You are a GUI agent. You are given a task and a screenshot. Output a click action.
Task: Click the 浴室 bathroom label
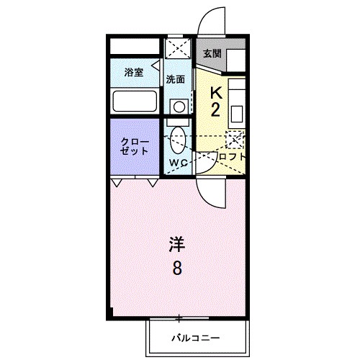click(133, 72)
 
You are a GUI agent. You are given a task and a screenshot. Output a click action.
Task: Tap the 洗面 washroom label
click(175, 79)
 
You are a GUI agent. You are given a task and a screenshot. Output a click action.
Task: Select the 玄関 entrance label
click(211, 53)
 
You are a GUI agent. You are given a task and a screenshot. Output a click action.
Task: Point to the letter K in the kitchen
click(215, 92)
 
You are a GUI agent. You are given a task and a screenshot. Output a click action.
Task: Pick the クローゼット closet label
click(135, 146)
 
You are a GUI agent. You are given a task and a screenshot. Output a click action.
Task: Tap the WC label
click(178, 163)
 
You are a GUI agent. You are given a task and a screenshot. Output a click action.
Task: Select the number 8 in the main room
click(177, 269)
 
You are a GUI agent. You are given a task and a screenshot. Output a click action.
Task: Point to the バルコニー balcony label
click(195, 337)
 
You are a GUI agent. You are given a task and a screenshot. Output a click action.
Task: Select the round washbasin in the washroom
click(178, 107)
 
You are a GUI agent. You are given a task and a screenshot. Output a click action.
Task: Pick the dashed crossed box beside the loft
click(235, 139)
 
